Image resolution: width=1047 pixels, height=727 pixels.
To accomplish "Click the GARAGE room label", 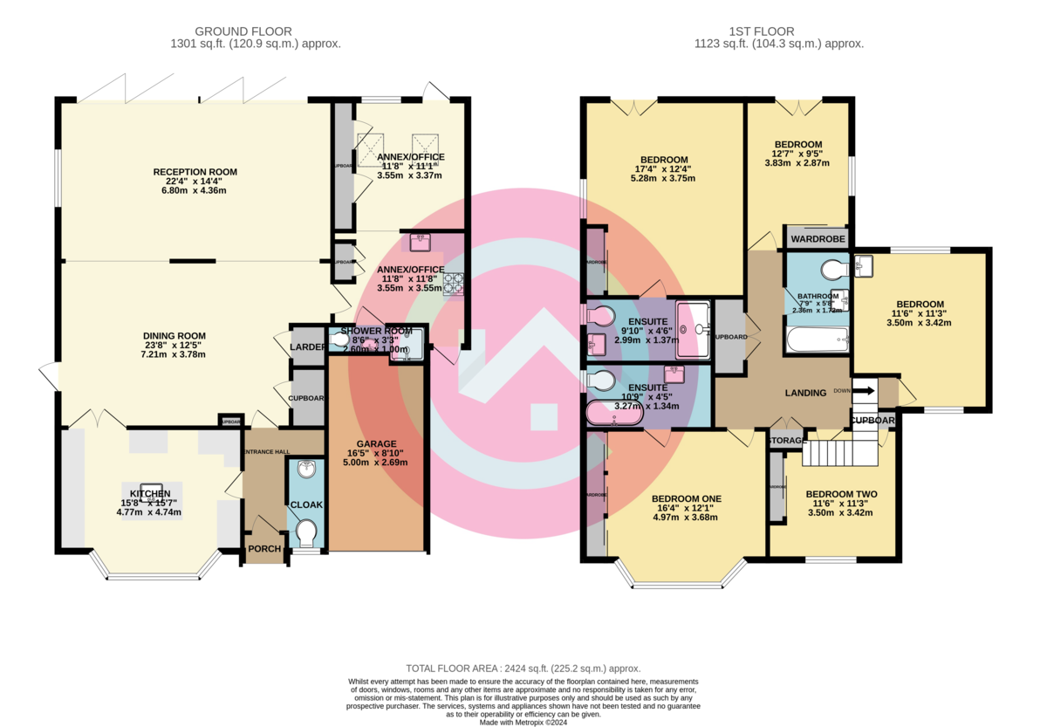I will click(x=376, y=443).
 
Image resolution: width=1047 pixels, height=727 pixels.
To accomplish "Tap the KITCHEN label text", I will click(x=149, y=494).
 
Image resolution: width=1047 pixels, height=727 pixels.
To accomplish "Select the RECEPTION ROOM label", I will click(x=195, y=171).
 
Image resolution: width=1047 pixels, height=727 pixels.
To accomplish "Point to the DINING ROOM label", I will click(x=174, y=335).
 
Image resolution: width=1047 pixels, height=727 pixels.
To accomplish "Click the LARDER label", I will click(x=307, y=347).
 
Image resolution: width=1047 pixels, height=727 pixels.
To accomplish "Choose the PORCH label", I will click(x=263, y=549).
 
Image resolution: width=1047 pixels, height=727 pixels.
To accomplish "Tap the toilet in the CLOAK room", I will click(x=306, y=531).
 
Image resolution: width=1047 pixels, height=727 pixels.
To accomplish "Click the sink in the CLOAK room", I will click(x=306, y=471).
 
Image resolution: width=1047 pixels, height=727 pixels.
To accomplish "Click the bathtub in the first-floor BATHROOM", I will click(x=817, y=339).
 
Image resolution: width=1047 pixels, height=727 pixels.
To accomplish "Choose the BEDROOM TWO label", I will click(x=841, y=494).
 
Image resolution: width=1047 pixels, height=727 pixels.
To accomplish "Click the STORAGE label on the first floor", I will click(x=785, y=442).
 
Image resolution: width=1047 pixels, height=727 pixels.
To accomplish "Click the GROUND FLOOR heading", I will click(x=243, y=31).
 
